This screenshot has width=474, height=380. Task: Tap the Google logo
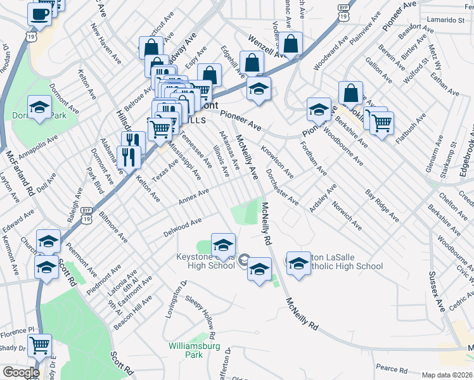point(20,372)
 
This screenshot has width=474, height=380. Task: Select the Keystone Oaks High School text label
point(203,262)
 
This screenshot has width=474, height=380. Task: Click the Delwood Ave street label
point(183,225)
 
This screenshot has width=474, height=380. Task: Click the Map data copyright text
point(446,375)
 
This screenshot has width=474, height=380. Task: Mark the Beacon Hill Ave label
point(132,310)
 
